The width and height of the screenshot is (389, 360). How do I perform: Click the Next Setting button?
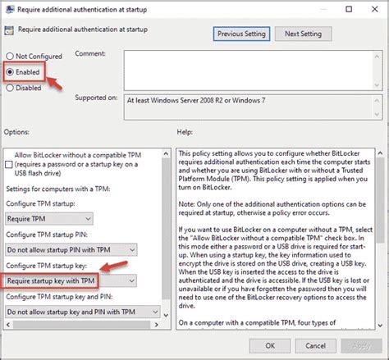point(302,34)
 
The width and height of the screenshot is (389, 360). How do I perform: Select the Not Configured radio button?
point(10,57)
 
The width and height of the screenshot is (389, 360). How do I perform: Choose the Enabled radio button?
point(10,71)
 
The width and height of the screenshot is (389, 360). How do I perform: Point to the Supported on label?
point(97,98)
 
